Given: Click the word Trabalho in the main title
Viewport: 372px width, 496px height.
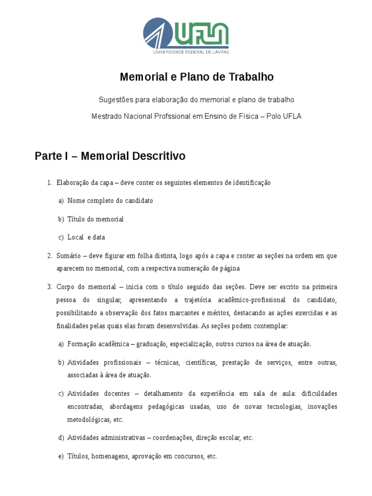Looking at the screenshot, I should click(x=251, y=77).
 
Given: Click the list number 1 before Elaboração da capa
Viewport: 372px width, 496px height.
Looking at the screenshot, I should click(x=49, y=183).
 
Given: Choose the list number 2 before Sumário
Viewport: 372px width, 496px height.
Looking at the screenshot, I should click(x=49, y=255).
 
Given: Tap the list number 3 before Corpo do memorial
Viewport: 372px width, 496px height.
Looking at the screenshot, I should click(x=49, y=287).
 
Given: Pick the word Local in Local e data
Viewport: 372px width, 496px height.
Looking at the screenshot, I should click(x=76, y=237).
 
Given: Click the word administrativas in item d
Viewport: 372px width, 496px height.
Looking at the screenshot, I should click(x=121, y=437).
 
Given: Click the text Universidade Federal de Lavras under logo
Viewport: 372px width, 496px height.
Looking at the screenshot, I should click(x=191, y=51).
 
